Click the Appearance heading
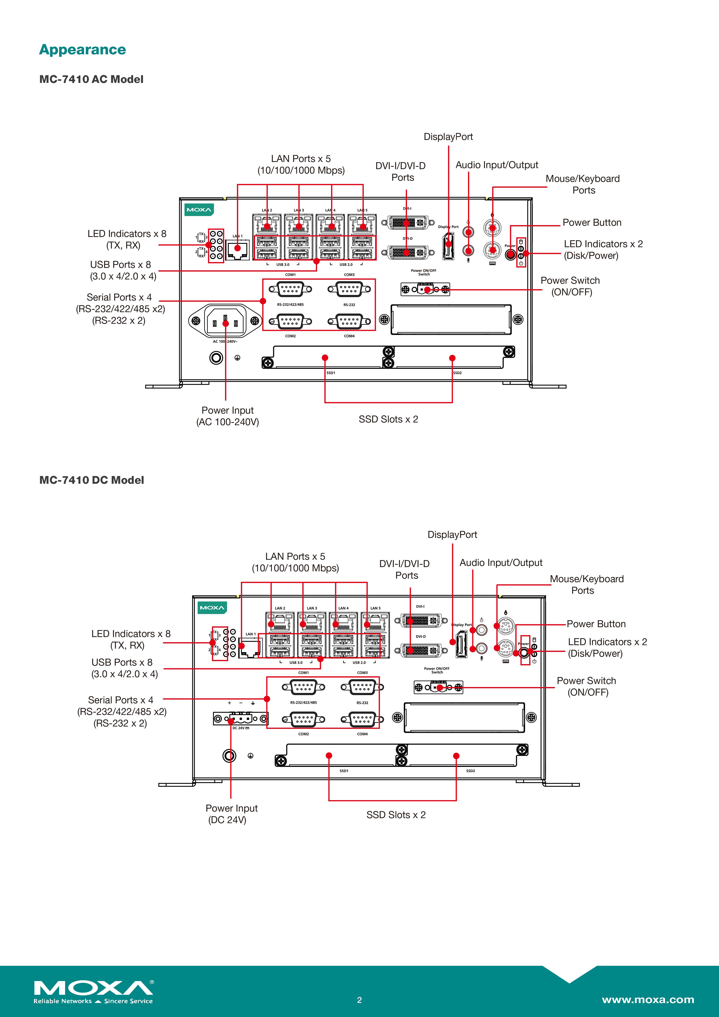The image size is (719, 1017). [82, 50]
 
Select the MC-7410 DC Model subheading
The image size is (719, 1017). [92, 480]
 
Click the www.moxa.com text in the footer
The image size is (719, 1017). [648, 1000]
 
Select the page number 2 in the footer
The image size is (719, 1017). [359, 1000]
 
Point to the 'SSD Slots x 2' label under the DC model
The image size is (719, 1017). [396, 815]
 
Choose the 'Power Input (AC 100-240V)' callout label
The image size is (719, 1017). [228, 416]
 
